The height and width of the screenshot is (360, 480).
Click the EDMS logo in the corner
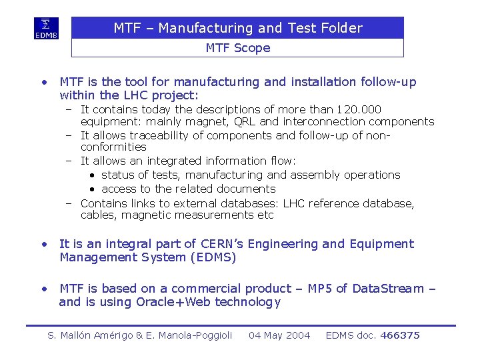coord(47,29)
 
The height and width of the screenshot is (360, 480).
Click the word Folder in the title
coord(341,28)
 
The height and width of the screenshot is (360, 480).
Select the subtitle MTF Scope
coord(238,48)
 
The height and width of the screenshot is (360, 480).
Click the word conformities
coord(113,147)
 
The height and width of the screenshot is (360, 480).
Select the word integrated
coord(165,161)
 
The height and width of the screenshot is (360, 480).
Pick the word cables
coord(98,215)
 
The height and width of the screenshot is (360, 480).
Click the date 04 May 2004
coord(279,335)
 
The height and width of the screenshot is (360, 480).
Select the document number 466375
coord(400,335)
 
